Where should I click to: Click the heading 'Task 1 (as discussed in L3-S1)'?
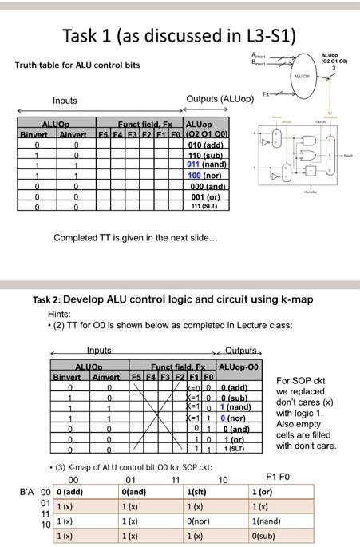pos(179,36)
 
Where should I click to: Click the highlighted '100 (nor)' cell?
pos(206,175)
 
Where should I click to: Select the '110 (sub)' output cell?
pos(207,156)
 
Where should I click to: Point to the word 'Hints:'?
pos(60,314)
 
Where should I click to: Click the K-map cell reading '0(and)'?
pos(134,492)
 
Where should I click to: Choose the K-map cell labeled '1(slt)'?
pos(196,492)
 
